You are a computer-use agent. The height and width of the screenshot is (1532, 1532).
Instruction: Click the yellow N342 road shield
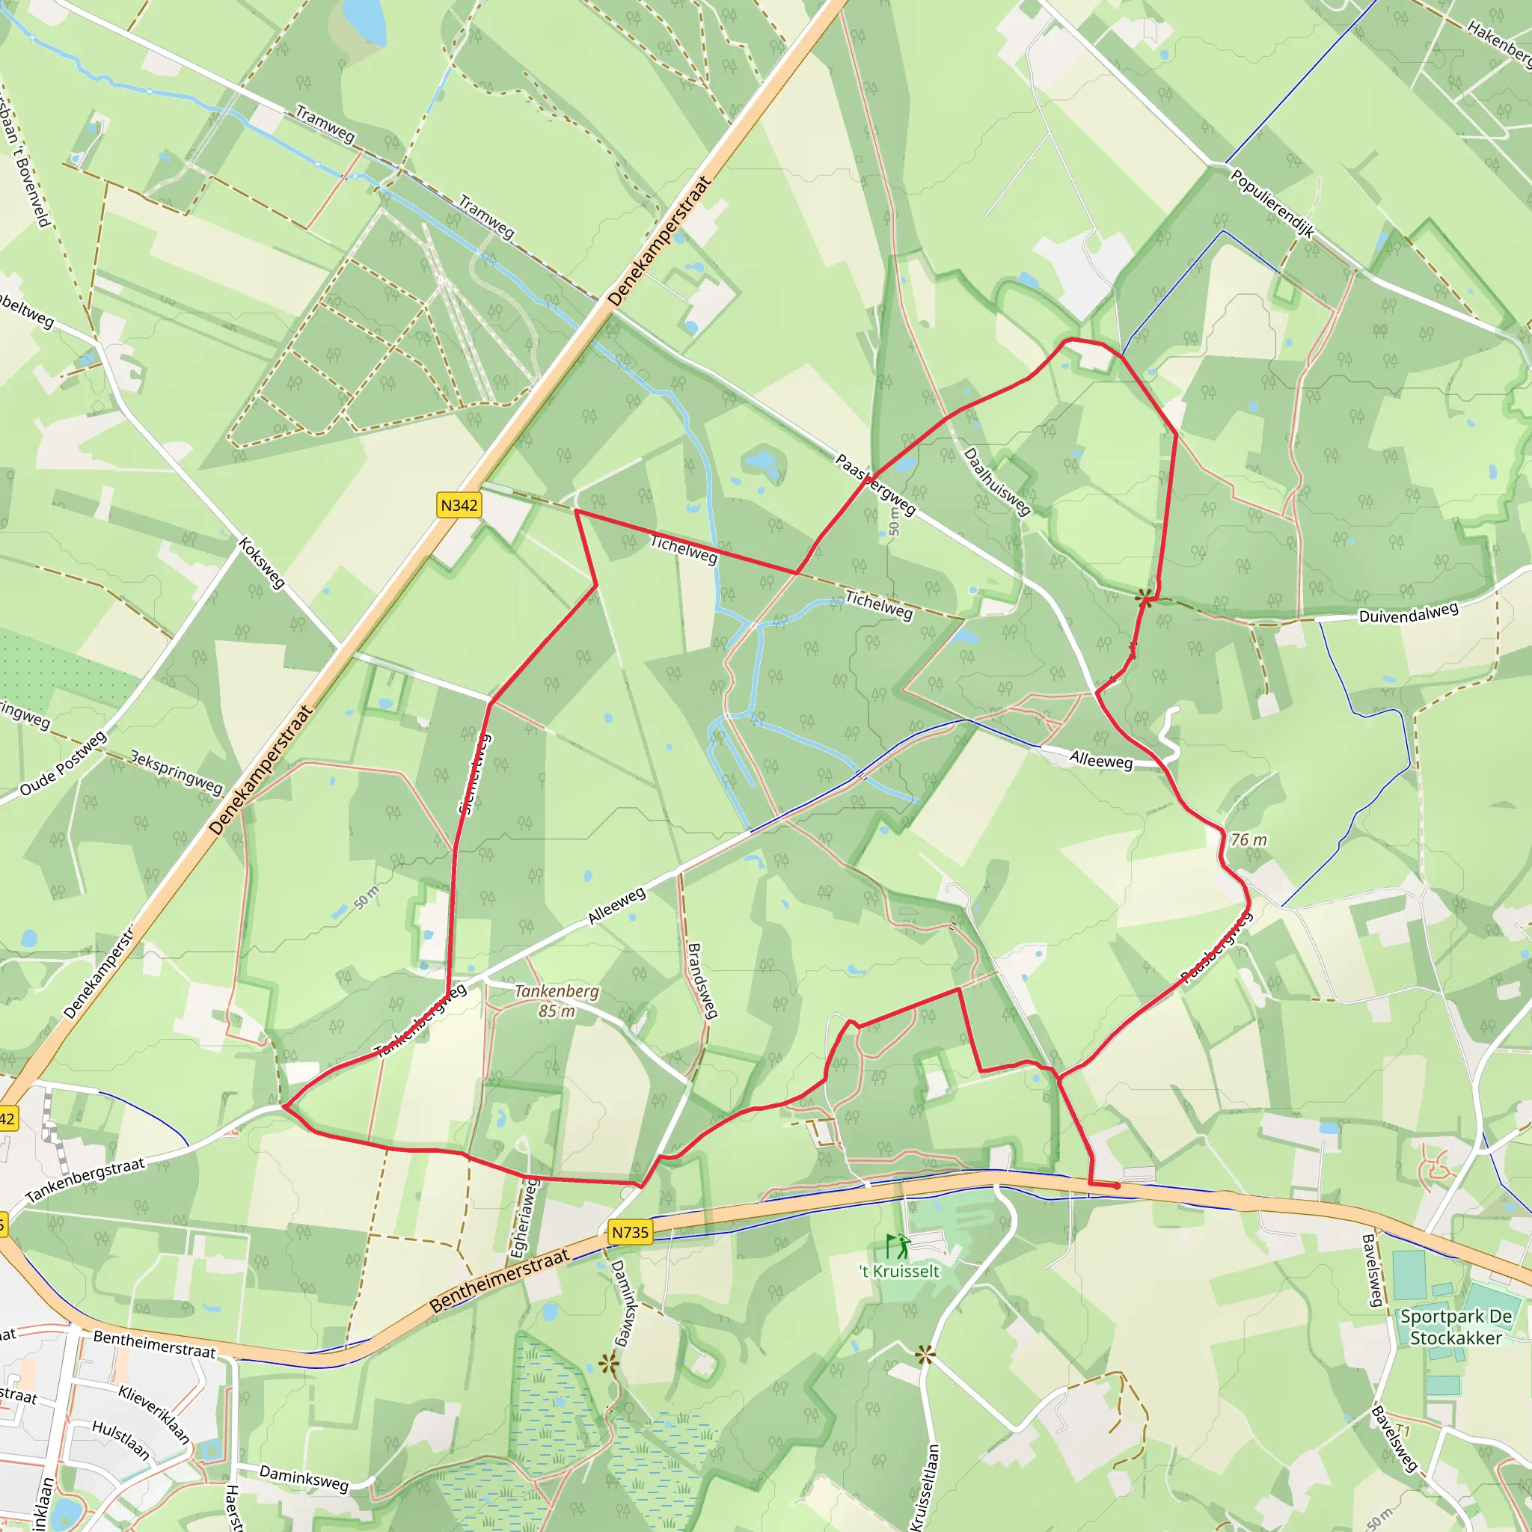pos(459,505)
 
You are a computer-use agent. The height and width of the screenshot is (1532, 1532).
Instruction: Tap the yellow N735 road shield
pos(631,1232)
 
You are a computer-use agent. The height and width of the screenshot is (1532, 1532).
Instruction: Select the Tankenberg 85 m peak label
pos(557,1001)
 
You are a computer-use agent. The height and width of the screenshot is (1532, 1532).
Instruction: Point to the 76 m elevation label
pos(1249,840)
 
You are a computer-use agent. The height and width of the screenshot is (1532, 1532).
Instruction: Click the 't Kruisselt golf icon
pos(898,1247)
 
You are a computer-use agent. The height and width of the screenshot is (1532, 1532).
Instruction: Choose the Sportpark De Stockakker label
pos(1456,1326)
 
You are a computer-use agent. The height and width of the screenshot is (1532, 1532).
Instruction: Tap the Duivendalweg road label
pos(1409,613)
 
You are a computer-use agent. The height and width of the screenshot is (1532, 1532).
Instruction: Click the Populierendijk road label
pos(1272,203)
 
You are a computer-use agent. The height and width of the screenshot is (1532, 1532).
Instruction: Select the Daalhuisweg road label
pos(996,481)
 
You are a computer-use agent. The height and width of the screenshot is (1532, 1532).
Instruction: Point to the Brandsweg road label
pos(702,980)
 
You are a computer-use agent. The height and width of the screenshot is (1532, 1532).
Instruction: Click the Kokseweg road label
pos(262,563)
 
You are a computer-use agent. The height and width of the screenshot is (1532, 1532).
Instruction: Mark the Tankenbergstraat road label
pos(85,1180)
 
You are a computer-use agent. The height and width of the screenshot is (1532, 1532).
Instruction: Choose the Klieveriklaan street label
pos(155,1414)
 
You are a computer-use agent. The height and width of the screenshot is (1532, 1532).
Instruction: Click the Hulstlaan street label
pos(120,1439)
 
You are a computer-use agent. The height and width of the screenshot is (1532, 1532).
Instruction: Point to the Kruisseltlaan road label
pos(925,1487)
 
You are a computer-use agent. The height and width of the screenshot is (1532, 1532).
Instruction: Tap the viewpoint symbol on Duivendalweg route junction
pos(1145,598)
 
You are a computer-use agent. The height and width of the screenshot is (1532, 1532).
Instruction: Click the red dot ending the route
pos(1118,1186)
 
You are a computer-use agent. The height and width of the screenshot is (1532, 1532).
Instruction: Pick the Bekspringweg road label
pos(176,771)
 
